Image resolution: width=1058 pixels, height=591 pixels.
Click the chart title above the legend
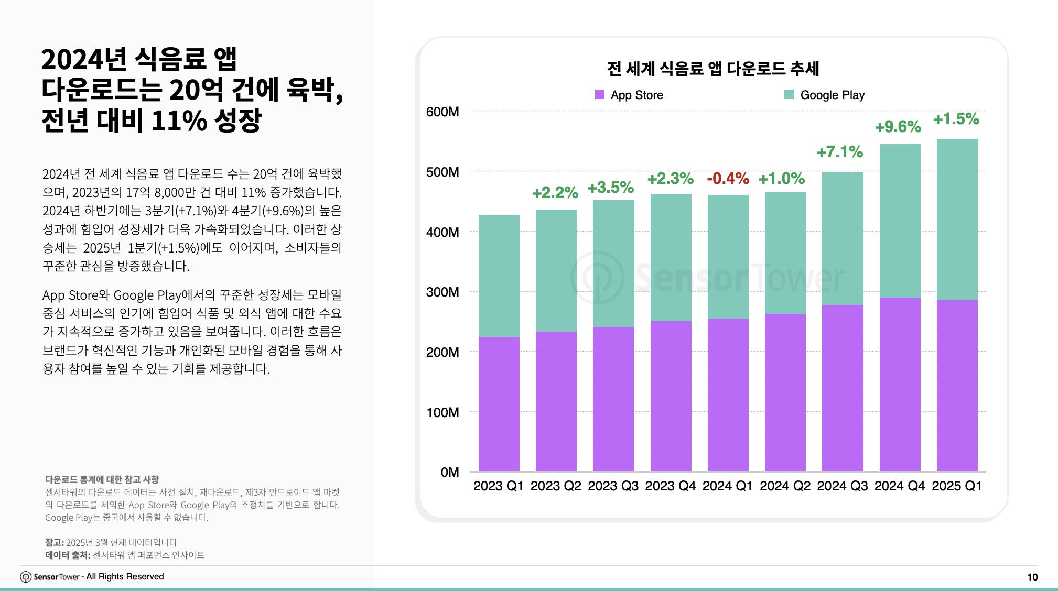tap(713, 69)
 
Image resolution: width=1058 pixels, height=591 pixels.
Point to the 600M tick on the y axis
tap(442, 112)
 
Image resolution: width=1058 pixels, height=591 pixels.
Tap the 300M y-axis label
tap(442, 292)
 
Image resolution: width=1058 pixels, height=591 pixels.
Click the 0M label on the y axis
tap(449, 472)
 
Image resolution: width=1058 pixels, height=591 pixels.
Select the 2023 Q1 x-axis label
tap(498, 486)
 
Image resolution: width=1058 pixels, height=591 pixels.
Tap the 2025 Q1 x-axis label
tap(956, 486)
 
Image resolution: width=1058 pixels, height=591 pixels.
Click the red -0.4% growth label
tap(728, 179)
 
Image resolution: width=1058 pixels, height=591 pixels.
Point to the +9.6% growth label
tap(898, 127)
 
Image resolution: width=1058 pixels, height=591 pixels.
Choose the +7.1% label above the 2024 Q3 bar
tap(840, 152)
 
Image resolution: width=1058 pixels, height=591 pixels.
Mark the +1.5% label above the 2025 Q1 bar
tap(956, 119)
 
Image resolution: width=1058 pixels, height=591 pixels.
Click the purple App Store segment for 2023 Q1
tap(499, 403)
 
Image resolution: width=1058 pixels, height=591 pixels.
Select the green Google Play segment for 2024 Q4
tap(900, 221)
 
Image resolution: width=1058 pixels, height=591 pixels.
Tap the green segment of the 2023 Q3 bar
tap(613, 263)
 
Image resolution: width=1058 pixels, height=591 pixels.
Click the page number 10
tap(1032, 577)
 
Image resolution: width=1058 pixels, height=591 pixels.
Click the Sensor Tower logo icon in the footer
tap(26, 577)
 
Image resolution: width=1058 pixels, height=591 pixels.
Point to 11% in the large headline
tap(179, 121)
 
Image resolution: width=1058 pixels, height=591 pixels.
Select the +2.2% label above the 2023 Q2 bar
tap(555, 193)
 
